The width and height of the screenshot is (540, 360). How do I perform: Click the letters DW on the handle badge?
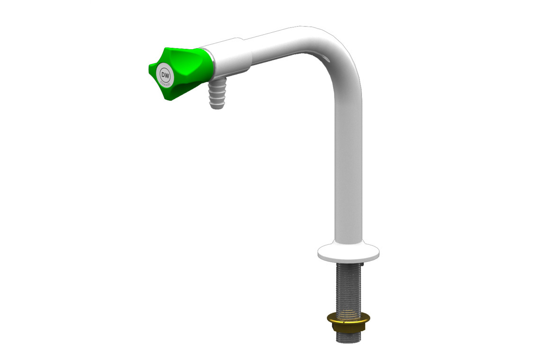(x=166, y=75)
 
